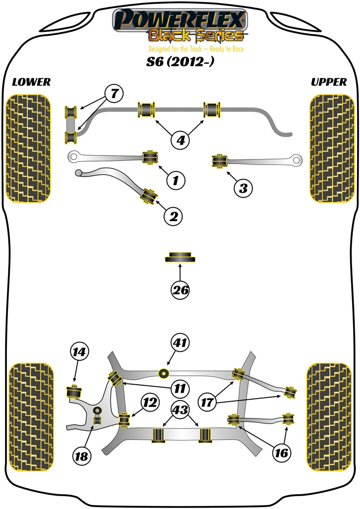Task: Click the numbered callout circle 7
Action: (x=114, y=93)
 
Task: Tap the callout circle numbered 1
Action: (x=175, y=180)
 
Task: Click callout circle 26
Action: (x=180, y=290)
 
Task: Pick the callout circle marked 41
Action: (x=180, y=342)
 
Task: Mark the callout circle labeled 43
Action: (x=180, y=410)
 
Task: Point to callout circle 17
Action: (x=209, y=401)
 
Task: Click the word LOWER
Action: (x=31, y=82)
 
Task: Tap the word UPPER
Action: (x=329, y=82)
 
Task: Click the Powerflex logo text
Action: (x=180, y=20)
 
